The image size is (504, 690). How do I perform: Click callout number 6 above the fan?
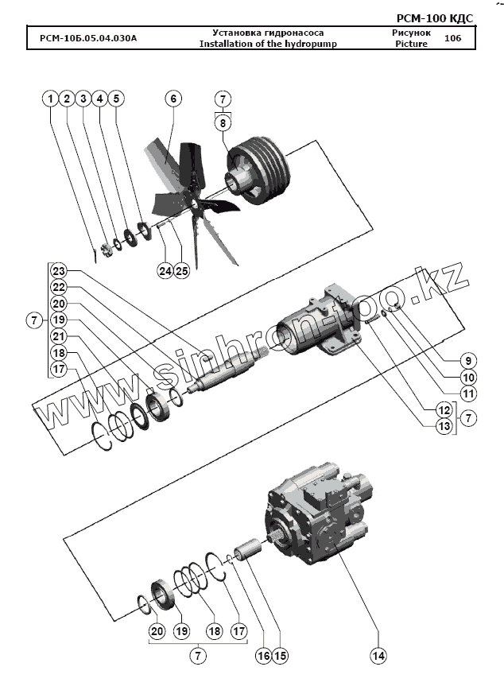coord(173,99)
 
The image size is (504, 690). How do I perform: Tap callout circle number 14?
coord(378,656)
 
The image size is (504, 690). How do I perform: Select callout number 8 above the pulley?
coord(223,123)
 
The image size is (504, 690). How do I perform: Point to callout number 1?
coord(50,99)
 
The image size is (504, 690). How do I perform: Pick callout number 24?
coord(165,271)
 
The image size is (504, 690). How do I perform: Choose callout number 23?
coord(59,269)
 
